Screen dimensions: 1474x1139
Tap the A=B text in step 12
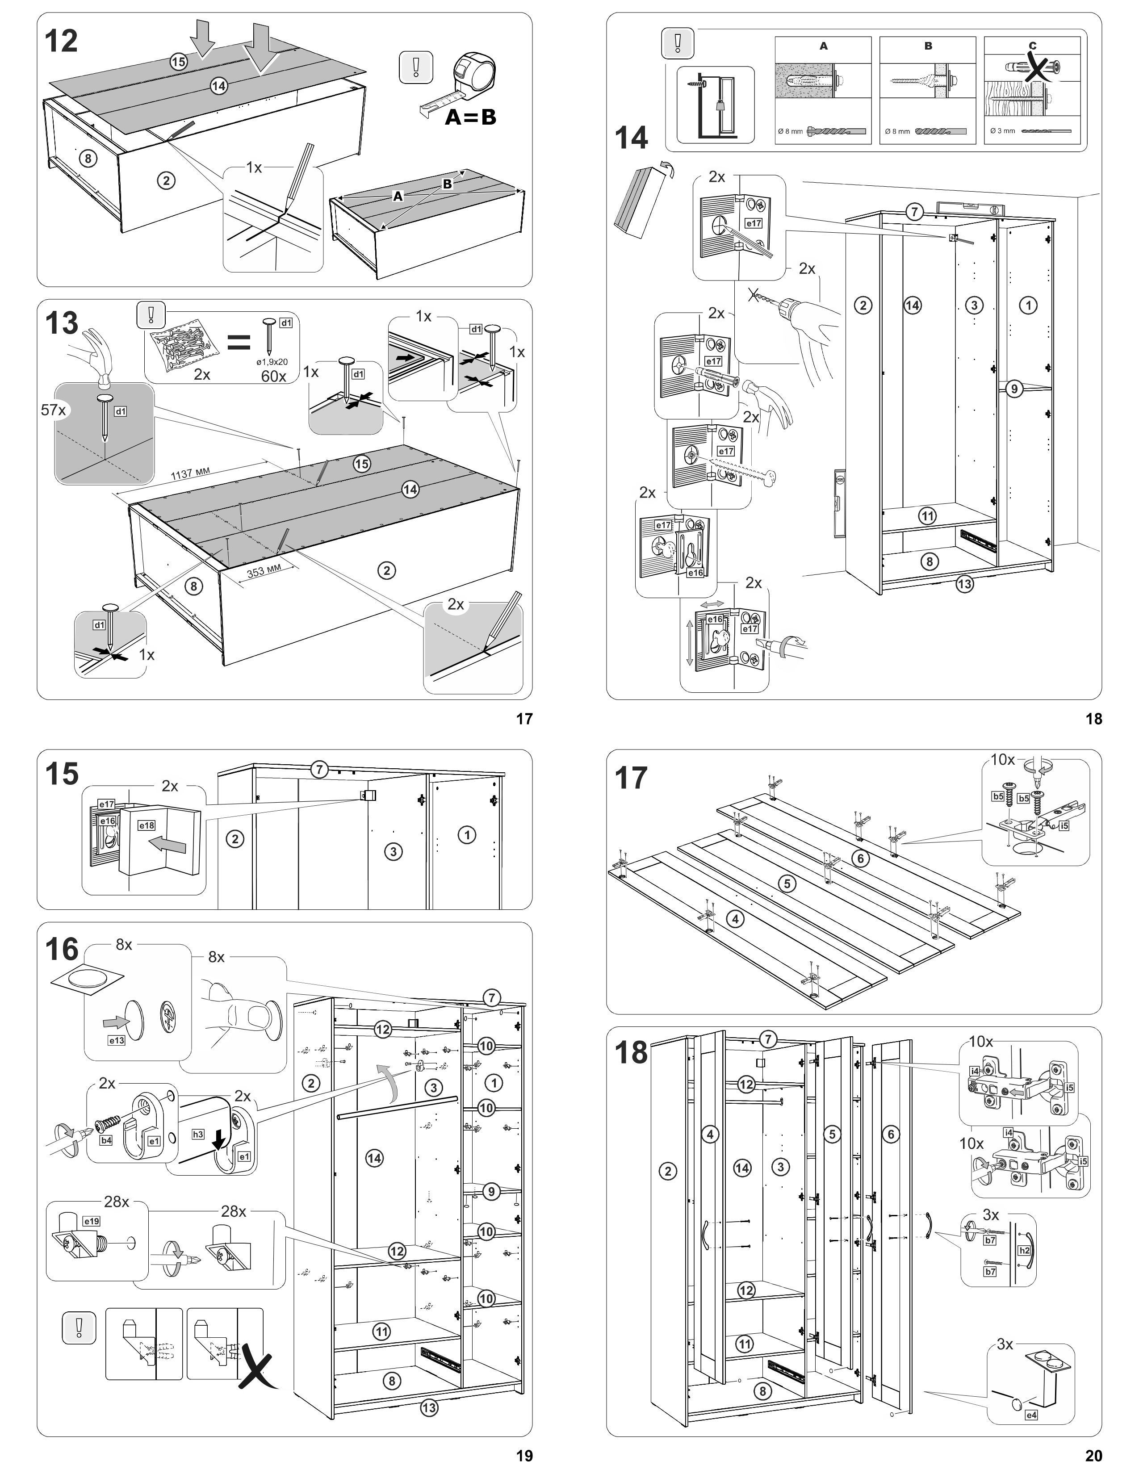coord(470,117)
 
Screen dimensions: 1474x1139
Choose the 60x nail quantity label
coord(273,376)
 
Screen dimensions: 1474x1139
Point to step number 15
coord(61,774)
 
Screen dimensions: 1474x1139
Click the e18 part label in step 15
coord(147,825)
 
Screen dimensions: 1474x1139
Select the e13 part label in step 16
coord(117,1040)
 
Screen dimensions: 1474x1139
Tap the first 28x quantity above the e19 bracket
coord(116,1202)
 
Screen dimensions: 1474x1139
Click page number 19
coord(524,1456)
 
